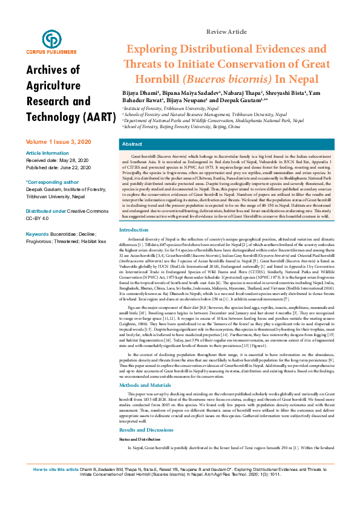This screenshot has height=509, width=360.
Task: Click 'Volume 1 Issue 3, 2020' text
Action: point(59,141)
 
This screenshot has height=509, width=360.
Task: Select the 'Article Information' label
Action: point(47,153)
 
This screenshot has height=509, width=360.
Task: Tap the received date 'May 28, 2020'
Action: point(75,160)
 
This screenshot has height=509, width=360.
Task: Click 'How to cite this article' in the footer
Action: point(56,486)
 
